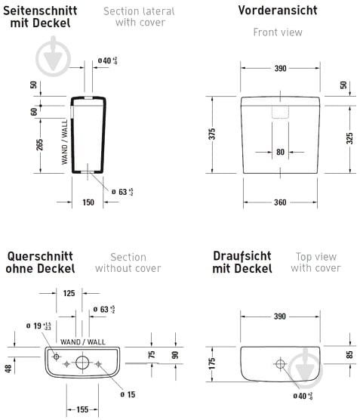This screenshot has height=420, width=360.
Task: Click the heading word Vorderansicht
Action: [x=277, y=11]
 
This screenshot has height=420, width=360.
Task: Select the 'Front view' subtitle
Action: [x=277, y=32]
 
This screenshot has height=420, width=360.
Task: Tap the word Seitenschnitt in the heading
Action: [x=42, y=10]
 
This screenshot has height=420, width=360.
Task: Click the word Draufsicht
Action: [x=242, y=255]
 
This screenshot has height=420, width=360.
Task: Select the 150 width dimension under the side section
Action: [x=89, y=202]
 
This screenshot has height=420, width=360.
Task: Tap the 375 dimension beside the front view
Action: [x=214, y=134]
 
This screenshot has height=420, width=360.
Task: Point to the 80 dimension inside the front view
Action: [x=280, y=152]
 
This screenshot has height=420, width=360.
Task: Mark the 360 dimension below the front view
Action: [x=280, y=202]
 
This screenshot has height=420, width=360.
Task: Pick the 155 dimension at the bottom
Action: [x=82, y=410]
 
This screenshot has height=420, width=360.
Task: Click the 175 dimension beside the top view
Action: [x=214, y=363]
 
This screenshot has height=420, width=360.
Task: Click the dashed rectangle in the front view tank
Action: [x=280, y=110]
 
